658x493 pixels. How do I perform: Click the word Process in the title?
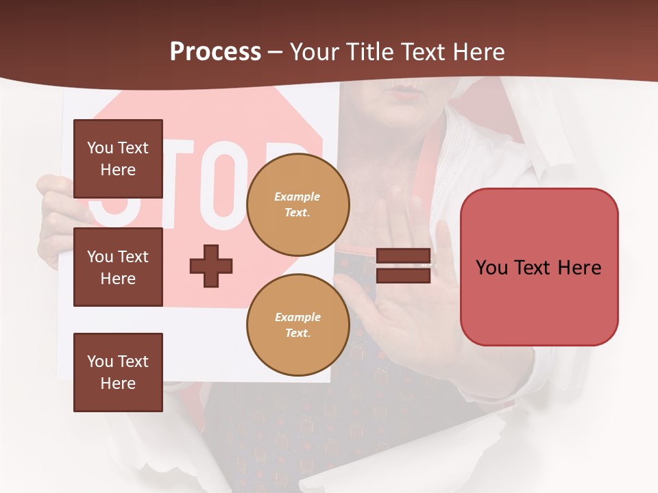(215, 52)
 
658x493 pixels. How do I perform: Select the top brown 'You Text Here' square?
(118, 159)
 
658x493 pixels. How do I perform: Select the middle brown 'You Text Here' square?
(118, 267)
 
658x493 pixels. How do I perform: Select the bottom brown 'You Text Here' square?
(118, 372)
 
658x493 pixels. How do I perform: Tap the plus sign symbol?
(211, 266)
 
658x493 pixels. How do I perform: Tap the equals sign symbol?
(404, 266)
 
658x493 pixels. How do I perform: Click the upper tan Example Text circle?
(297, 205)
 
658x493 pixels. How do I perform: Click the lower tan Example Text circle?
(297, 325)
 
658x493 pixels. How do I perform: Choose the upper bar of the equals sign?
(404, 257)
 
